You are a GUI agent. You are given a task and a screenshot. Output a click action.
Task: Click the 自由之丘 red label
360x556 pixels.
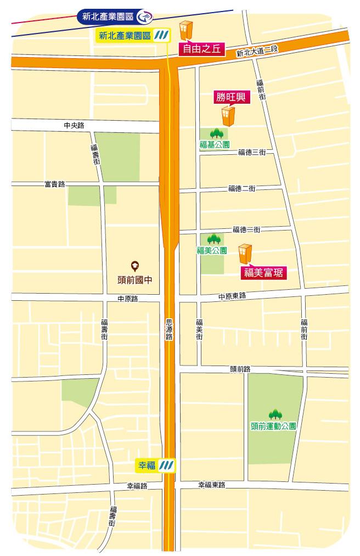coord(201,49)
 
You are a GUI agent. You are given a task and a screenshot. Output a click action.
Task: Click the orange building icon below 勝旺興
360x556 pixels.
coord(228,116)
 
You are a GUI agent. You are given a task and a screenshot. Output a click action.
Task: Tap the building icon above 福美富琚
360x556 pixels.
coord(245,254)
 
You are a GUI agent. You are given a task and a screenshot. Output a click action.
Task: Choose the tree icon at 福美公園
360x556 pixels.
coord(213,239)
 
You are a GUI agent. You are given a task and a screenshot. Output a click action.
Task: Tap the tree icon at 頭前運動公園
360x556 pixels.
coord(274,414)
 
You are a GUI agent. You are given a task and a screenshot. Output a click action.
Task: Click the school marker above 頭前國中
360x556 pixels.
coord(134,266)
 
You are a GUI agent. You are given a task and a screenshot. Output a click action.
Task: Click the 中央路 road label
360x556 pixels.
coord(74,126)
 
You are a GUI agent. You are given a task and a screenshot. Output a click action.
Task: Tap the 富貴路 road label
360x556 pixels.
coord(54,184)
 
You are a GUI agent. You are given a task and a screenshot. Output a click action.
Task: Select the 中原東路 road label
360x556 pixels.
coord(232,296)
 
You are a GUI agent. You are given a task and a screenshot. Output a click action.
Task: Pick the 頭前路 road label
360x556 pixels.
coord(240,369)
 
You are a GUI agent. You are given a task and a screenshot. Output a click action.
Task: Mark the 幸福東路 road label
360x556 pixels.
coord(212,485)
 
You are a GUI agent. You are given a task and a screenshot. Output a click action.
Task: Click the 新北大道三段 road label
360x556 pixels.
coord(258,52)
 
